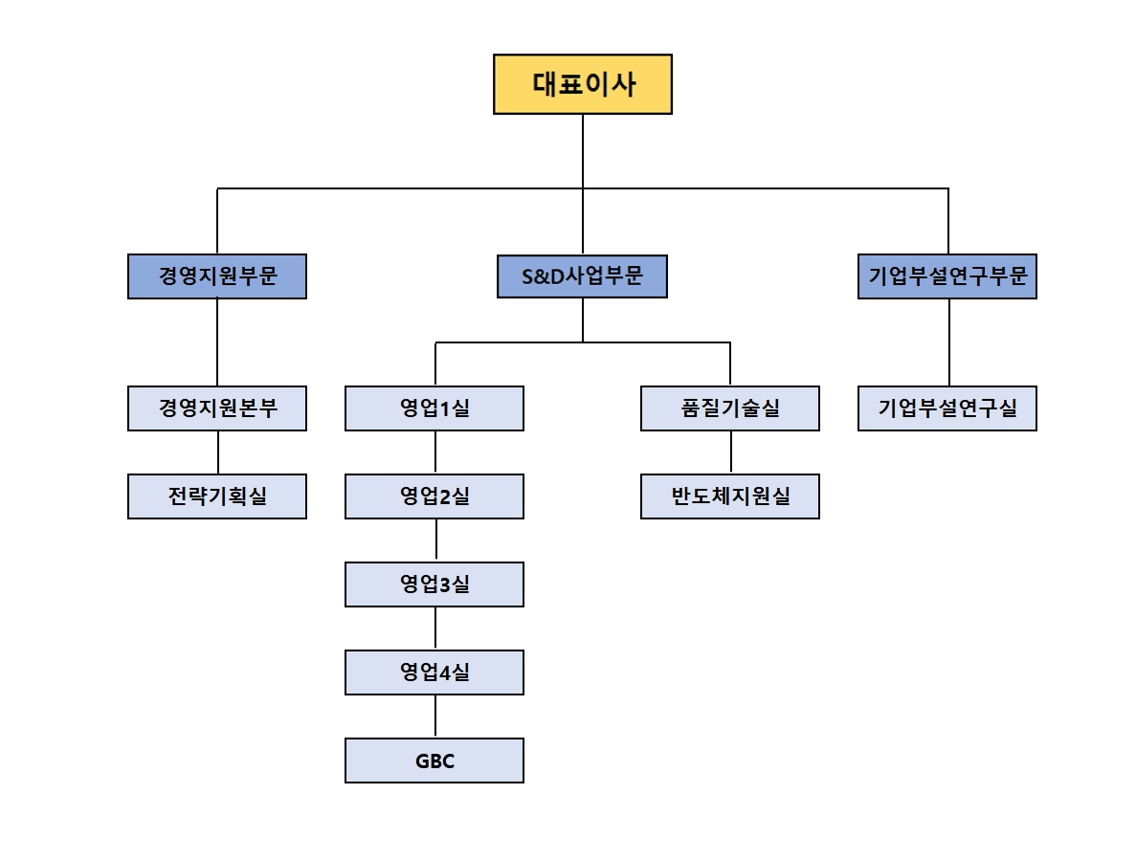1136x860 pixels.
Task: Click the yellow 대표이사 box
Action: click(582, 84)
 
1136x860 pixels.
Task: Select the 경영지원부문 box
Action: click(217, 276)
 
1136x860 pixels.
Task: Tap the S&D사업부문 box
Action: click(582, 276)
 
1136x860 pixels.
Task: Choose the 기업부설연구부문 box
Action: click(947, 276)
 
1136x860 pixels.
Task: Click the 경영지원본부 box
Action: click(217, 408)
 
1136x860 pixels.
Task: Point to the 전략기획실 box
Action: click(217, 496)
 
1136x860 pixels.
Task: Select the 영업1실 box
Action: click(434, 408)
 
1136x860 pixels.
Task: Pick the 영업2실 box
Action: click(434, 496)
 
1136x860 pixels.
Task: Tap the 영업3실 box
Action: click(434, 584)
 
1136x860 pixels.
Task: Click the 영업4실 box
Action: click(434, 673)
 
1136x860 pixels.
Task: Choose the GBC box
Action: click(434, 761)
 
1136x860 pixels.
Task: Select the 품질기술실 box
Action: click(730, 408)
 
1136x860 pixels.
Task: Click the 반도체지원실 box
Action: click(730, 496)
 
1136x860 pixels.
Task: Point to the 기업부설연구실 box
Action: click(947, 408)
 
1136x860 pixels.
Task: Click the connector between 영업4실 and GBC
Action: click(435, 717)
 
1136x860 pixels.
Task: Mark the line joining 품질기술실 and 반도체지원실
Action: click(731, 452)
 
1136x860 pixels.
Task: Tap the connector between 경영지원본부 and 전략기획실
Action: click(218, 452)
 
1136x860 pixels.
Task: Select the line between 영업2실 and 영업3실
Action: click(435, 540)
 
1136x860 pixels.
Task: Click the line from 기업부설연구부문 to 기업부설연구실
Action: click(948, 342)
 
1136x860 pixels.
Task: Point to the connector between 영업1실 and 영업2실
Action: click(435, 452)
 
